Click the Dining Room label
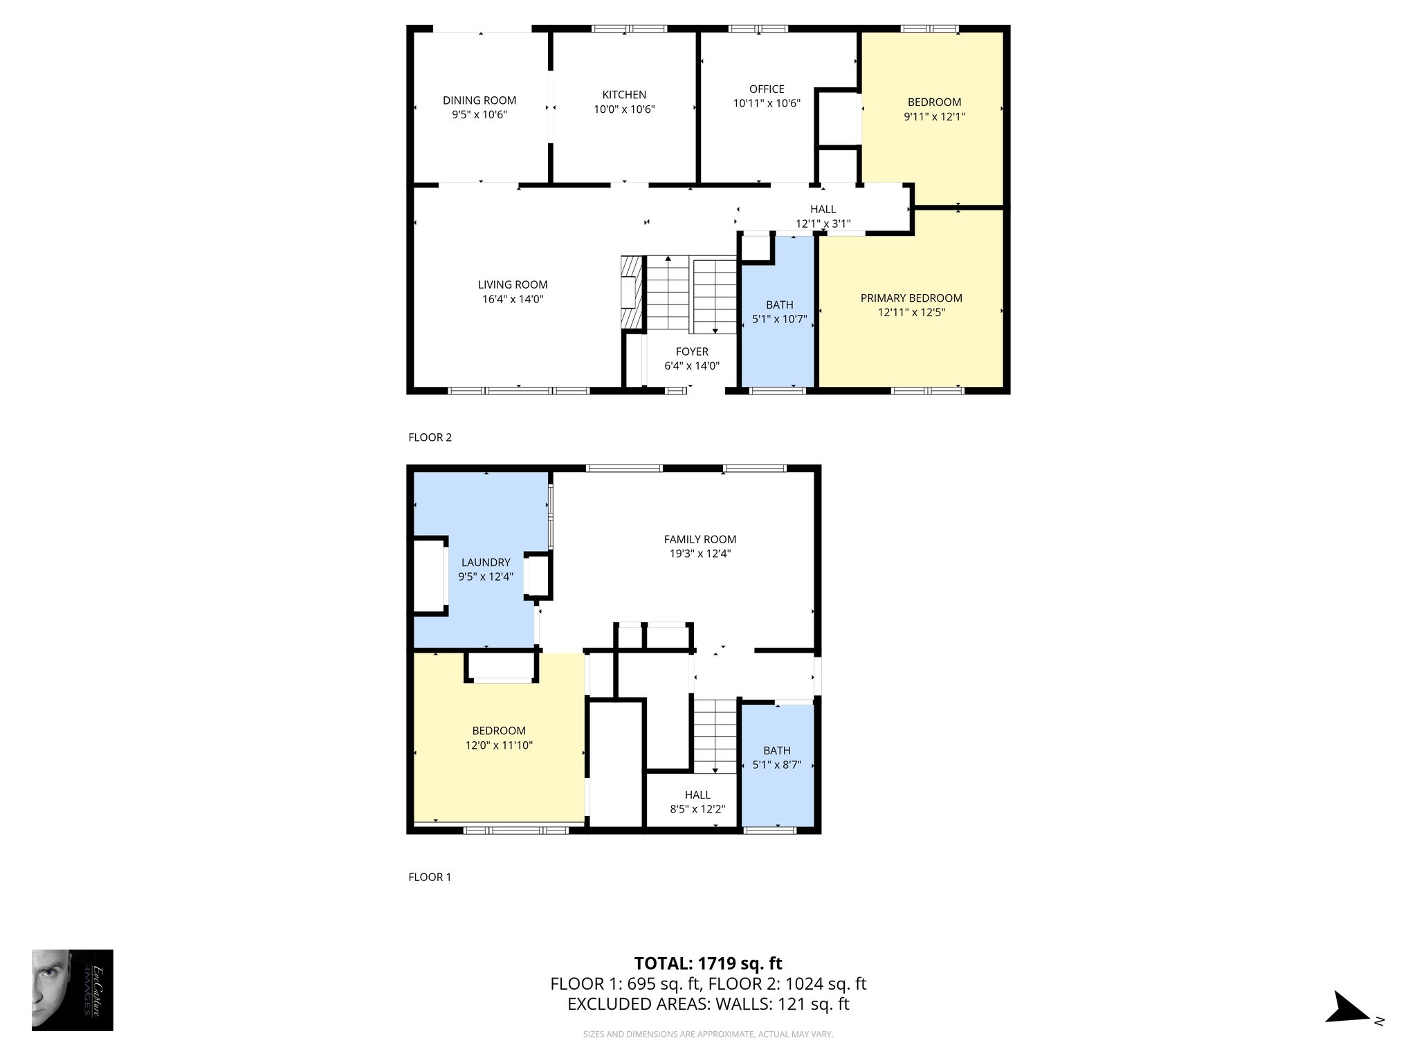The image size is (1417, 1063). click(x=479, y=100)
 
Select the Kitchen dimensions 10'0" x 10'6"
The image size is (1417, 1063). click(x=624, y=109)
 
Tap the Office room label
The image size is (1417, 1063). click(x=767, y=89)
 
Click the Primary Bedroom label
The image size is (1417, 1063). click(x=911, y=298)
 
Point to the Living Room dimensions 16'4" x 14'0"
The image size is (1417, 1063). click(x=513, y=300)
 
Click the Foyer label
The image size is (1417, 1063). click(x=692, y=352)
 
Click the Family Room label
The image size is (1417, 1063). click(x=700, y=539)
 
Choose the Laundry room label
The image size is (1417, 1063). click(x=486, y=563)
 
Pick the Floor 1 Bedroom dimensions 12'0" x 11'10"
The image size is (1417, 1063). click(x=499, y=745)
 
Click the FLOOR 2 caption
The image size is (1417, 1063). click(x=430, y=437)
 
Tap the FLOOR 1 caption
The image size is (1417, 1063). click(x=430, y=877)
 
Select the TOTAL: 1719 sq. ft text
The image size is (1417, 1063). click(x=708, y=963)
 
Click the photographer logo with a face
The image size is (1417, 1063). click(x=72, y=990)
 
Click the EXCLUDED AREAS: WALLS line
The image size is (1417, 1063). click(x=708, y=1004)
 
